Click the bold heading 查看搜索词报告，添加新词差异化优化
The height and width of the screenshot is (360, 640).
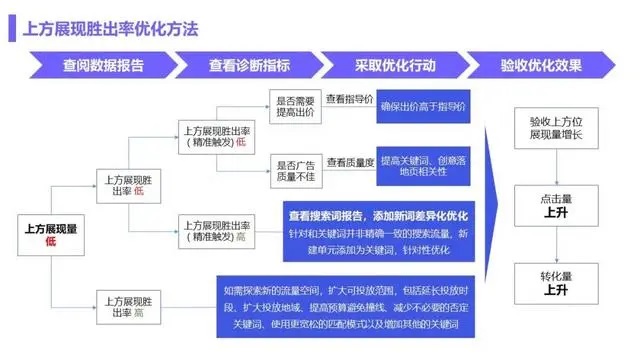[379, 215]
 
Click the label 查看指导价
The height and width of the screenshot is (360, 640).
[349, 99]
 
